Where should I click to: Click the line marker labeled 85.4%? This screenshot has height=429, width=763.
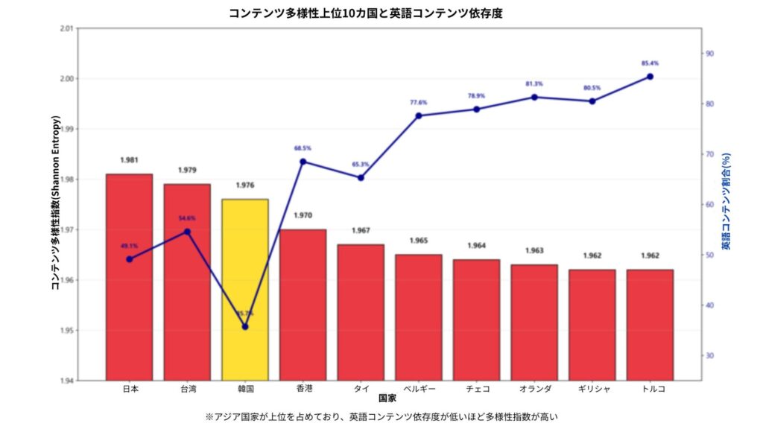650,77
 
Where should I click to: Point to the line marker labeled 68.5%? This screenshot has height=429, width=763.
303,162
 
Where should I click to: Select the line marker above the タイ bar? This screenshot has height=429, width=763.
361,177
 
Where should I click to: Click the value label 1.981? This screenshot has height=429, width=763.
129,160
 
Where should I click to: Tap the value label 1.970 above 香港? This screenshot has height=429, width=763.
303,216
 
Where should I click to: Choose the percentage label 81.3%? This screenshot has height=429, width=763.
534,84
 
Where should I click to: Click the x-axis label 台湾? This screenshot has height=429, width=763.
188,389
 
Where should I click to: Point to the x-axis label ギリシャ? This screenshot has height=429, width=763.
592,389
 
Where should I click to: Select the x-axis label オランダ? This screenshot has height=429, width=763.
534,389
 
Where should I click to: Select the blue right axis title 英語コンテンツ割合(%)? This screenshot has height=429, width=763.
726,201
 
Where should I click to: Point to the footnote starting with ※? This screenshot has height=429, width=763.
381,416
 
